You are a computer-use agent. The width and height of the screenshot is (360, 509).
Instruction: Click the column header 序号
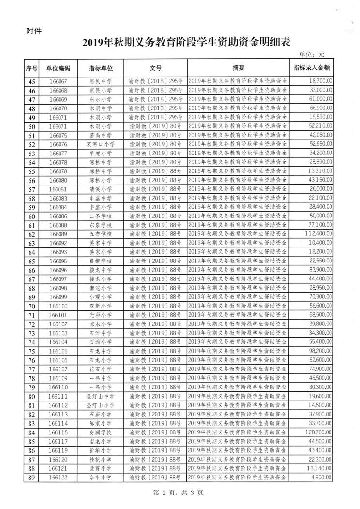click(31, 68)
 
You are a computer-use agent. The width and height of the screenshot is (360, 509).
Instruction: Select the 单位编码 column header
click(58, 68)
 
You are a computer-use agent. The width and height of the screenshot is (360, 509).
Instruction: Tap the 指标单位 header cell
click(101, 68)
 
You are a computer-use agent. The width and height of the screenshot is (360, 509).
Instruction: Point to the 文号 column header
click(155, 68)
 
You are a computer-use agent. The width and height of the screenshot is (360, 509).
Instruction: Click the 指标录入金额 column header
click(312, 68)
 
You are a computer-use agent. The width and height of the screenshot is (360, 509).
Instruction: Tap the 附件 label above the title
click(33, 31)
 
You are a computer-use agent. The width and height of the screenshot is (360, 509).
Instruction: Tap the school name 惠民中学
click(101, 81)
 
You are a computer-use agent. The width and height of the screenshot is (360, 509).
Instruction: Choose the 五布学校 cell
click(101, 233)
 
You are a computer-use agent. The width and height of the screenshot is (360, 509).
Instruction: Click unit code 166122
click(58, 478)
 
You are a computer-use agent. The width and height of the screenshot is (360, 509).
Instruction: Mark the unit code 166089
click(58, 233)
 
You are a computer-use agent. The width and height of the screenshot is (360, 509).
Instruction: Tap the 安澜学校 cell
click(101, 432)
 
